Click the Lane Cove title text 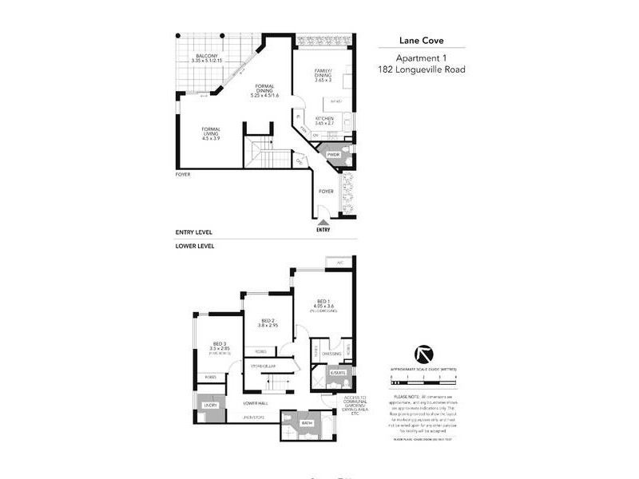(421, 42)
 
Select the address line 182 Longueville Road (421, 69)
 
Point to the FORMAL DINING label (264, 89)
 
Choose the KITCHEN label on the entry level (329, 119)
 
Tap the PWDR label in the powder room (335, 155)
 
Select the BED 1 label (323, 300)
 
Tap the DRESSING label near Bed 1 (332, 353)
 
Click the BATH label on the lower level (307, 423)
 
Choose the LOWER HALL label (256, 403)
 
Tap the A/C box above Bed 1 (339, 262)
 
